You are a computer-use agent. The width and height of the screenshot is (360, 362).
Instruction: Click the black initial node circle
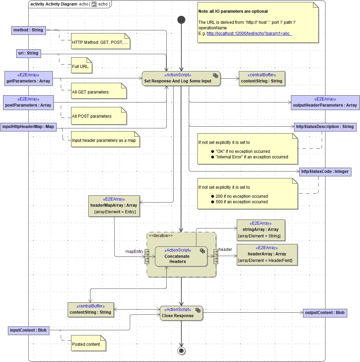point(181,20)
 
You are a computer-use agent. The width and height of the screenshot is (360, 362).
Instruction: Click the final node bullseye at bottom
point(181,351)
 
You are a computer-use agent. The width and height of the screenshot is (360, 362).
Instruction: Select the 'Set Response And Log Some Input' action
point(181,78)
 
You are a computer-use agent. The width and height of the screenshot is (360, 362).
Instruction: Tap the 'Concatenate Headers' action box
point(181,256)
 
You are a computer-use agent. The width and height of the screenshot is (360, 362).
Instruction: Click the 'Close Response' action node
point(181,313)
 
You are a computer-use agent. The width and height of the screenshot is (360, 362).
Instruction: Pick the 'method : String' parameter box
point(28,30)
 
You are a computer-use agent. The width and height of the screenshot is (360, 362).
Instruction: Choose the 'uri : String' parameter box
point(28,53)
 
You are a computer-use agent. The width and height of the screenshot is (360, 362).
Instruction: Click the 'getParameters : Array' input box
point(28,78)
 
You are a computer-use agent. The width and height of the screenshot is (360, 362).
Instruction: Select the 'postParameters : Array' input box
point(28,102)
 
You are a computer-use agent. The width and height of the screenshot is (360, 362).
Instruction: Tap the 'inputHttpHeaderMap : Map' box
point(28,127)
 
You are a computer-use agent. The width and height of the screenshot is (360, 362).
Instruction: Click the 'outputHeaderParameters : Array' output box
point(325,102)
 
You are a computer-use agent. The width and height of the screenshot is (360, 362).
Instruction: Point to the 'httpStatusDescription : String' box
point(324,127)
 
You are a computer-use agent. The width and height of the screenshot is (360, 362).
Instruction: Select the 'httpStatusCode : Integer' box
point(325,171)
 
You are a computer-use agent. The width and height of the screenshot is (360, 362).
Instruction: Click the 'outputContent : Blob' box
point(324,313)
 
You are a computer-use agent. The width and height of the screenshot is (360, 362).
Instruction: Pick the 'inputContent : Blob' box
point(28,330)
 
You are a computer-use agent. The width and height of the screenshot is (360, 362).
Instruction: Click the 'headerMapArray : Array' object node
point(114,206)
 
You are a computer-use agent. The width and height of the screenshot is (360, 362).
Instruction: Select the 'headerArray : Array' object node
point(267,254)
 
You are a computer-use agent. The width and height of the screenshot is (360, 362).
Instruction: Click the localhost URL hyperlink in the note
point(249,33)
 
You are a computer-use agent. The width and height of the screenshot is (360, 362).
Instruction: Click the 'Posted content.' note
point(88,344)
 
